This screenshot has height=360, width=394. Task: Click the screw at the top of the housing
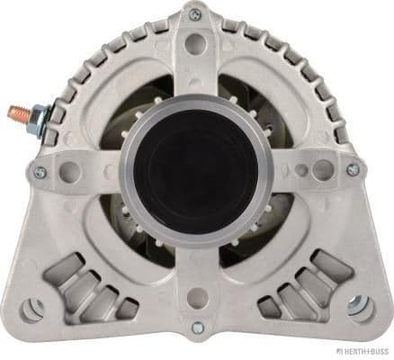tap(195, 13)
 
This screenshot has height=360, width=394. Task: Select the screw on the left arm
tap(40, 171)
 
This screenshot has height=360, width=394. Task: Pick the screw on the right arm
tap(353, 169)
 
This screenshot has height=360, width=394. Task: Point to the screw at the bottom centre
tap(197, 327)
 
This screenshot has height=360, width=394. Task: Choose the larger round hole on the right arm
tap(321, 168)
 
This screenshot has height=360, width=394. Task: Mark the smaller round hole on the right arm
tap(300, 168)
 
